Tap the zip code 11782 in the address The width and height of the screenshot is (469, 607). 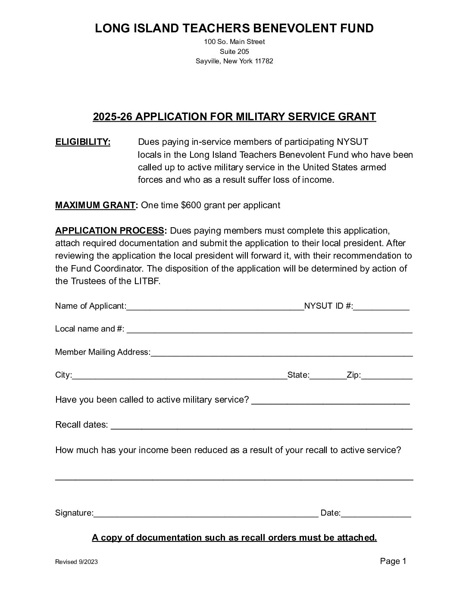264,61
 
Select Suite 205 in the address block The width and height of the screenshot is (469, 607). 234,52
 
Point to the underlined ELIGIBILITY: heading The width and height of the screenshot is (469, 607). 83,142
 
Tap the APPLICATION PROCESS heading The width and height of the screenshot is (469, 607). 109,231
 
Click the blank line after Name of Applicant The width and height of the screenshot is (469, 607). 215,307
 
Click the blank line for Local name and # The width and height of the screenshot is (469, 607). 269,330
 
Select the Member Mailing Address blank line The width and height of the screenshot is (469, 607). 281,353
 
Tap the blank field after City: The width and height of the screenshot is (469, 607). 179,376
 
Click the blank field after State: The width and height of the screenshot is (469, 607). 328,376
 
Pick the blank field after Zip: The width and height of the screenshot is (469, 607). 387,376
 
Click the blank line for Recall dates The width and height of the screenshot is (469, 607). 261,426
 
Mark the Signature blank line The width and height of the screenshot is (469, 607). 206,514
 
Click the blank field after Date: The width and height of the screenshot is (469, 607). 376,514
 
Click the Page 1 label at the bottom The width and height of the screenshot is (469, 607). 393,561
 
